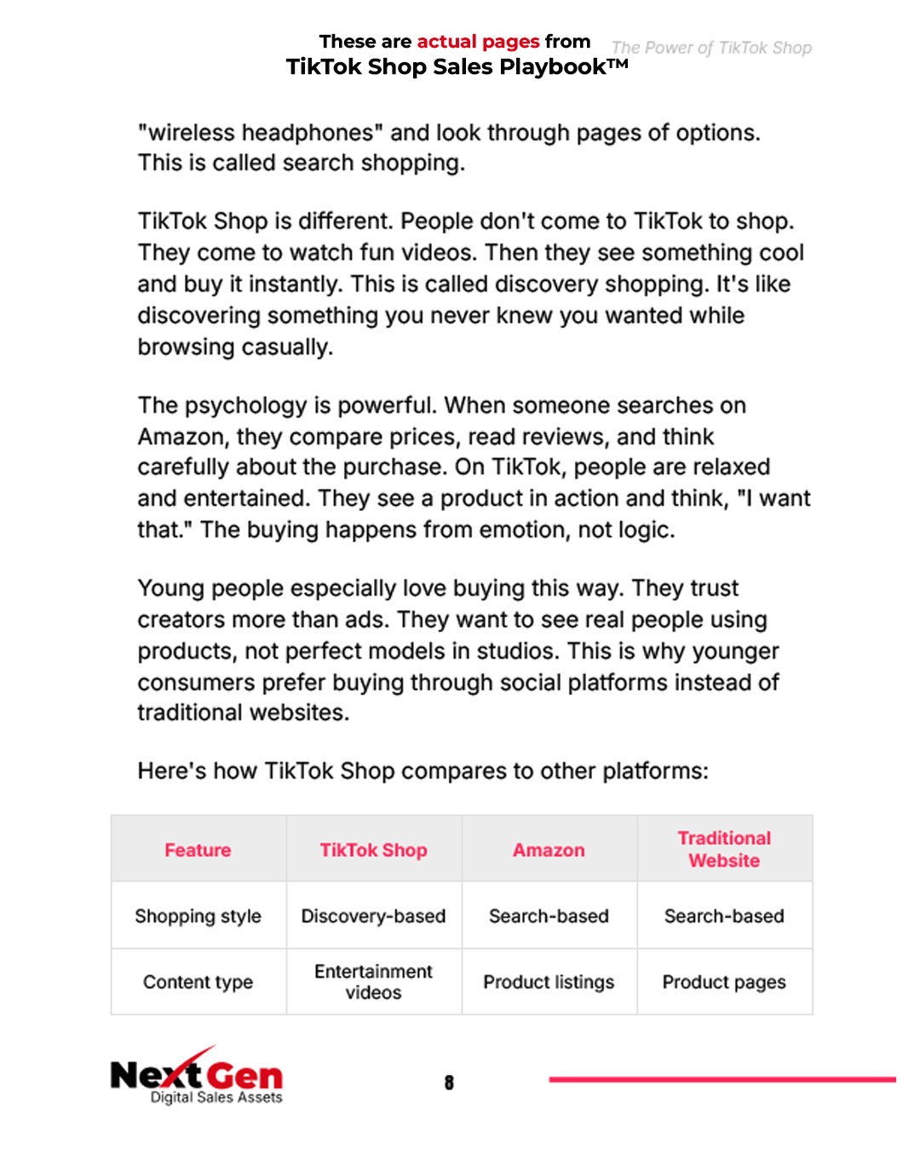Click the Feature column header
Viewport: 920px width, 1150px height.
[198, 850]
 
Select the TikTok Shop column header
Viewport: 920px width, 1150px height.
[373, 850]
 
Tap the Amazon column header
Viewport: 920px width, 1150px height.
[549, 850]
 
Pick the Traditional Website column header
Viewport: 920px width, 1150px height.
[724, 849]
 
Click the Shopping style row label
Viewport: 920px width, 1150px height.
[198, 917]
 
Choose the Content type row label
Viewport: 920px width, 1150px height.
[198, 982]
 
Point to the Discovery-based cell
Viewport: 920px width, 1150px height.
[373, 917]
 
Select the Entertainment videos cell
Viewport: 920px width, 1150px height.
[373, 982]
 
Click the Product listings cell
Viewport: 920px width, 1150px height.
[549, 982]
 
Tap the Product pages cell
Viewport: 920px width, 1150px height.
[724, 982]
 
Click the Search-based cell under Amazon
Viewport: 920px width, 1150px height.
[549, 917]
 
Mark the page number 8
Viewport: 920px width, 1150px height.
[449, 1083]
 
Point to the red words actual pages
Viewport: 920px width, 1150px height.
[478, 42]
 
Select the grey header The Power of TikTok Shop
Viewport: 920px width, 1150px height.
[711, 48]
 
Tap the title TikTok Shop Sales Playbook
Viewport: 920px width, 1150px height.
[457, 67]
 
